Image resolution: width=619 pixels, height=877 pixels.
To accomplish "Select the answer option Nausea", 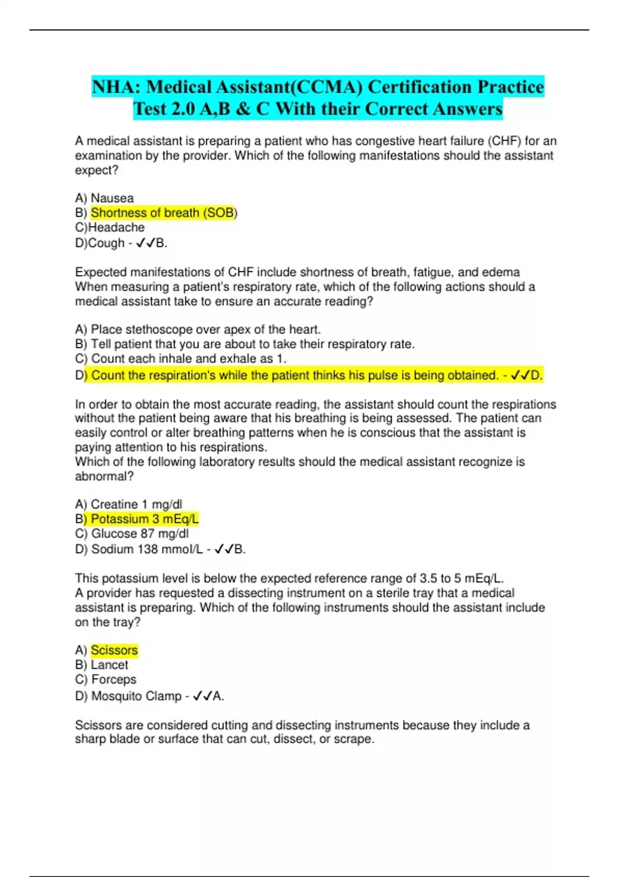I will (x=112, y=198).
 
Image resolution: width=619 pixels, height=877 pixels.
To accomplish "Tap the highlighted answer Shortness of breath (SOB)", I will (x=164, y=213).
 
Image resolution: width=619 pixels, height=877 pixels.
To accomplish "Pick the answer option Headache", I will (x=116, y=228).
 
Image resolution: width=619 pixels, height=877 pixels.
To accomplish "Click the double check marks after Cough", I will (x=145, y=243).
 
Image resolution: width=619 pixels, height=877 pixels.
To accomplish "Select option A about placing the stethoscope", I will (x=205, y=330).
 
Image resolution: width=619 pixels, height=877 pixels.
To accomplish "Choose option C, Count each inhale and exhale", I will (x=188, y=359).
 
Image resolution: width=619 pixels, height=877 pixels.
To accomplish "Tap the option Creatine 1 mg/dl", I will (x=136, y=504).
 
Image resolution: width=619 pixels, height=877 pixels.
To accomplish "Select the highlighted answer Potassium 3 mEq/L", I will (x=144, y=519).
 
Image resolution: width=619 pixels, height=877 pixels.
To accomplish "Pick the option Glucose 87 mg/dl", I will (x=139, y=533).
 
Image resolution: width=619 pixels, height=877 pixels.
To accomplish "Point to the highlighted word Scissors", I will (x=114, y=651).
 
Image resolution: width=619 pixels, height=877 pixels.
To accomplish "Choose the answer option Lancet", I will (x=109, y=665).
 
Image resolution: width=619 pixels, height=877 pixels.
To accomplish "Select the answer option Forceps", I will (x=113, y=679).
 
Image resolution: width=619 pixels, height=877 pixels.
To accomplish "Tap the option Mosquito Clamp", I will (x=136, y=696).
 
